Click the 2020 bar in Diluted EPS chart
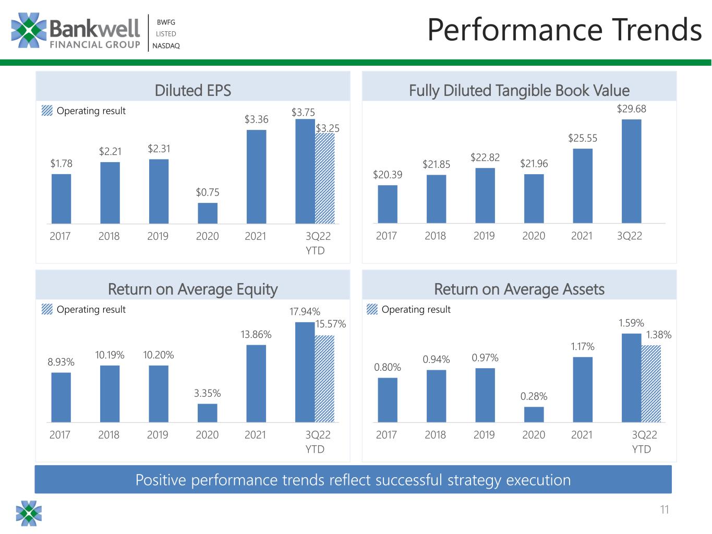pyautogui.click(x=208, y=213)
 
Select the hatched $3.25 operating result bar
pyautogui.click(x=324, y=178)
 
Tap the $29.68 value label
pyautogui.click(x=631, y=109)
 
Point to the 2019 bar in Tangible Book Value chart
pyautogui.click(x=485, y=196)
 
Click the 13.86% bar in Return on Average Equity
pyautogui.click(x=256, y=384)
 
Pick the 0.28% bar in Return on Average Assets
pyautogui.click(x=534, y=415)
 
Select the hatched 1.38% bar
pyautogui.click(x=651, y=384)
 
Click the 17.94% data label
pyautogui.click(x=305, y=311)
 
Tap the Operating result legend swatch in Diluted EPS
pyautogui.click(x=47, y=111)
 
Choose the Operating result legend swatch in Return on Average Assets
pyautogui.click(x=372, y=309)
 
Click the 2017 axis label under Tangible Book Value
pyautogui.click(x=386, y=236)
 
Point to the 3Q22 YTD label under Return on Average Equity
pyautogui.click(x=318, y=442)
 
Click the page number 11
pyautogui.click(x=665, y=509)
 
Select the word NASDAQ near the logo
pyautogui.click(x=166, y=46)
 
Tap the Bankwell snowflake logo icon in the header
pyautogui.click(x=29, y=30)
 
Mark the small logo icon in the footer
pyautogui.click(x=29, y=513)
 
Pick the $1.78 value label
pyautogui.click(x=62, y=163)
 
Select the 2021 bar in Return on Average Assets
pyautogui.click(x=583, y=390)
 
